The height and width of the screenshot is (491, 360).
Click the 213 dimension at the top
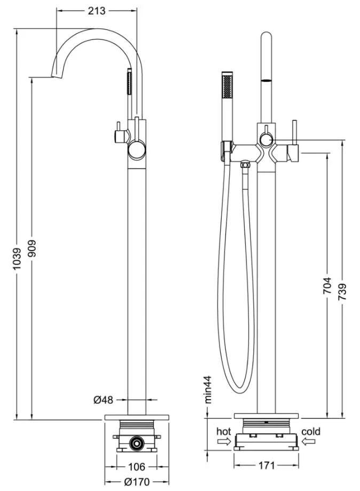97,11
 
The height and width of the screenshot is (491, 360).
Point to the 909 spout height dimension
32,248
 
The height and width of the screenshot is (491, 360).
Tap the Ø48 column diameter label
103,400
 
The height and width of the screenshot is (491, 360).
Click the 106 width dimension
137,467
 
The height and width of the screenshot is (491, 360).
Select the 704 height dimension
327,285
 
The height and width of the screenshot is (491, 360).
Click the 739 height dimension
342,292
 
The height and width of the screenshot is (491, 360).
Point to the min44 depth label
208,389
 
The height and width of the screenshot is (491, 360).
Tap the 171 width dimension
267,466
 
